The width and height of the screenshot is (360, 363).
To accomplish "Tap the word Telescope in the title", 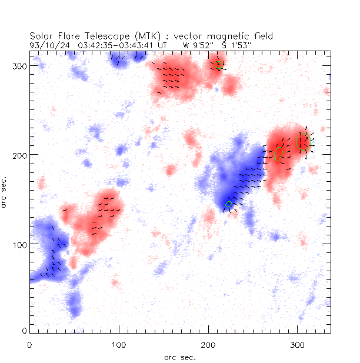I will coord(101,37).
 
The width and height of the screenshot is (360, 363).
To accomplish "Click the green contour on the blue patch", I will coord(229,205).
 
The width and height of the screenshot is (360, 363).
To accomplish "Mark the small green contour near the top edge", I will coord(218,65).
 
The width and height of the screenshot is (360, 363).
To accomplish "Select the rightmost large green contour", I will coord(302,142).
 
